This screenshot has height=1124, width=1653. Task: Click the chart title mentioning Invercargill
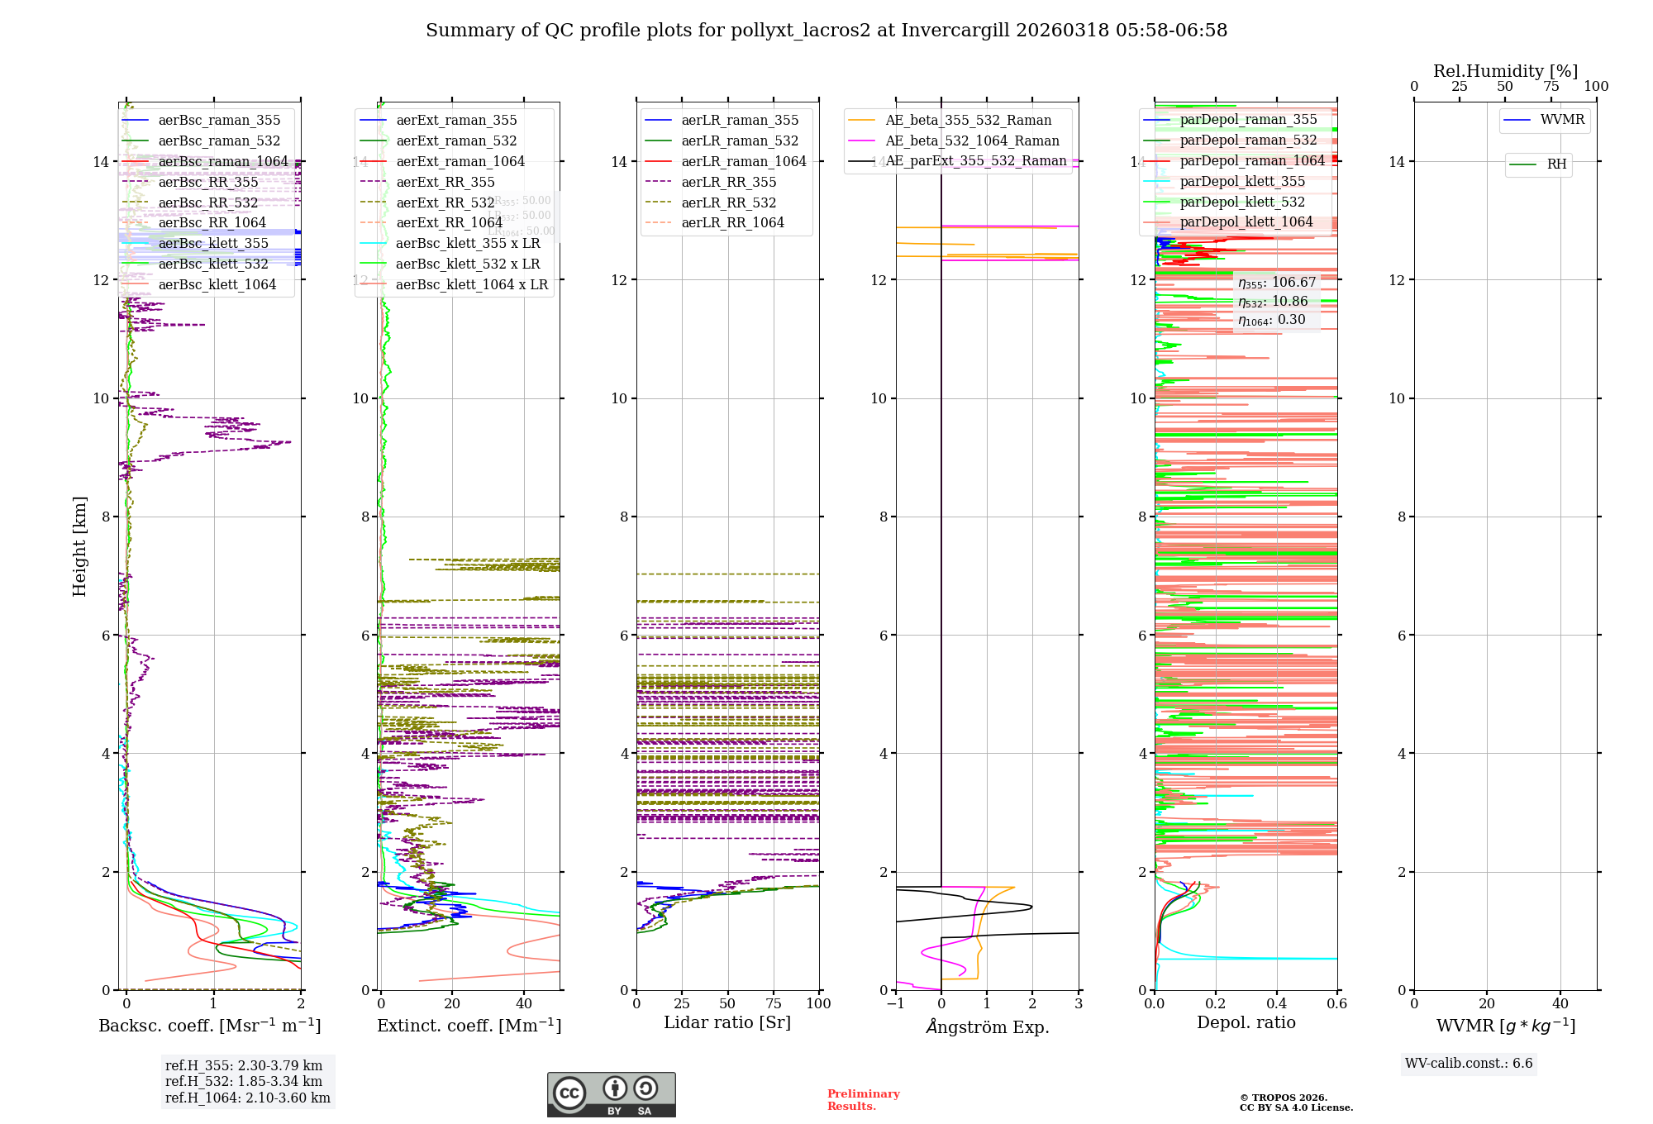pyautogui.click(x=826, y=31)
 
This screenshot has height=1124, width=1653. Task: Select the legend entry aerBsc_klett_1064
pyautogui.click(x=217, y=285)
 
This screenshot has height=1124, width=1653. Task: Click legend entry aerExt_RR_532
pyautogui.click(x=445, y=203)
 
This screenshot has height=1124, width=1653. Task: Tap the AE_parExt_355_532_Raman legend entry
pyautogui.click(x=975, y=161)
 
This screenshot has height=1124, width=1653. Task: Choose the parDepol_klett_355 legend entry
pyautogui.click(x=1242, y=182)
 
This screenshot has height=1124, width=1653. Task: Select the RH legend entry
pyautogui.click(x=1556, y=164)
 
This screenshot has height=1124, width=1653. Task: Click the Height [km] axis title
pyautogui.click(x=79, y=545)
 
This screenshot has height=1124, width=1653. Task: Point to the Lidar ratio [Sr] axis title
pyautogui.click(x=727, y=1023)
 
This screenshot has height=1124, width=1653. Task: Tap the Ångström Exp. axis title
pyautogui.click(x=987, y=1027)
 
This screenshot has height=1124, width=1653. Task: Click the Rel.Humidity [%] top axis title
pyautogui.click(x=1505, y=71)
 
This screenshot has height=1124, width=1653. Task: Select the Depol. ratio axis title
pyautogui.click(x=1246, y=1023)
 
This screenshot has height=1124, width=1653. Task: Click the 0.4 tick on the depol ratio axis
pyautogui.click(x=1276, y=1004)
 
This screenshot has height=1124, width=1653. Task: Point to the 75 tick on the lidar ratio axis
pyautogui.click(x=774, y=1004)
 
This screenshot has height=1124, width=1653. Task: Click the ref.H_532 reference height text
pyautogui.click(x=244, y=1082)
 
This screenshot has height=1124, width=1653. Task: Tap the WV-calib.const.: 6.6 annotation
pyautogui.click(x=1469, y=1064)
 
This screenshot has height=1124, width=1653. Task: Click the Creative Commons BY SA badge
pyautogui.click(x=611, y=1095)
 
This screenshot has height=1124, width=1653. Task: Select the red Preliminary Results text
pyautogui.click(x=863, y=1100)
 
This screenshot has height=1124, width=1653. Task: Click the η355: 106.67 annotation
pyautogui.click(x=1276, y=283)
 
